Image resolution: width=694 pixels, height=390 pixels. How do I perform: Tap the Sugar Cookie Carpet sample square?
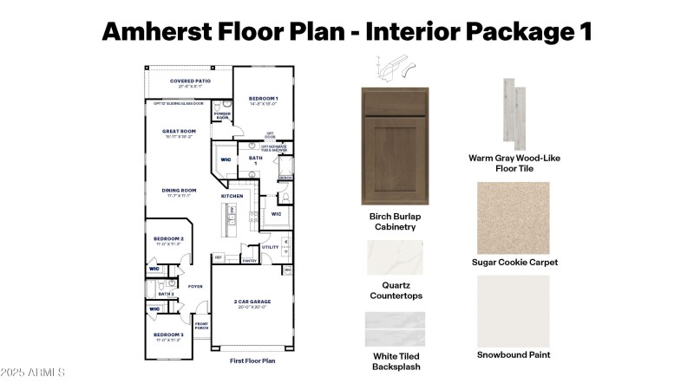pos(513,218)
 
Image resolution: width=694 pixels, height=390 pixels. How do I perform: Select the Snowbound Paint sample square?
pos(513,310)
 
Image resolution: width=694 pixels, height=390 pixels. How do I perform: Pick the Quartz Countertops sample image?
pos(395,258)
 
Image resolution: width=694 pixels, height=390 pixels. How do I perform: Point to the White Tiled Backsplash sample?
pos(395,331)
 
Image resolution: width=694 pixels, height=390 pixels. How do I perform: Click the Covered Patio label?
pos(189,83)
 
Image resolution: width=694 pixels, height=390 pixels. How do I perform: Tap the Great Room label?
pos(178,133)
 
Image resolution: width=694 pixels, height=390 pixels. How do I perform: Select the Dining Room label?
pos(179,191)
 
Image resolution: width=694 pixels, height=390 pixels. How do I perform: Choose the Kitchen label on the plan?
pos(232,197)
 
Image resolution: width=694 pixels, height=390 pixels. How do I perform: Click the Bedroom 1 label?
pos(263,99)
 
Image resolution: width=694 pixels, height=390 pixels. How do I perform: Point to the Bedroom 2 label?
pos(168,238)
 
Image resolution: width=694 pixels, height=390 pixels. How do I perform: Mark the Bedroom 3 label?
pos(168,335)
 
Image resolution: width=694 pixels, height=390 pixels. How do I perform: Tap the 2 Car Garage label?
pos(252,302)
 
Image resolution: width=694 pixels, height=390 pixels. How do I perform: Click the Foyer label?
pos(195,286)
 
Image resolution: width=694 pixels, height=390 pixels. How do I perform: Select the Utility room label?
pos(270,247)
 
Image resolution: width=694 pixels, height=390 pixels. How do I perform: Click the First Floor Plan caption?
pos(252,361)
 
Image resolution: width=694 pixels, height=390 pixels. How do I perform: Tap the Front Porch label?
pos(201,326)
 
